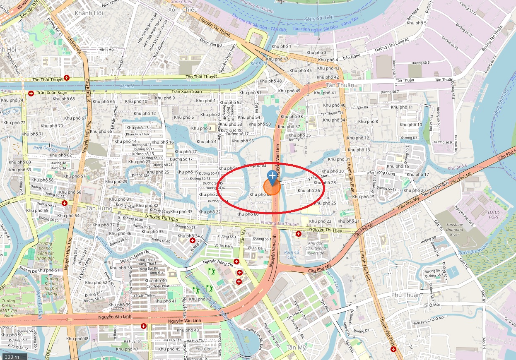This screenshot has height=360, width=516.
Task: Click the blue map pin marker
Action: pos(272,177)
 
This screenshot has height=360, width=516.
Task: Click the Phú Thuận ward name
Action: pos(406,295)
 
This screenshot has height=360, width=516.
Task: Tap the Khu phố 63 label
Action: pos(255,166)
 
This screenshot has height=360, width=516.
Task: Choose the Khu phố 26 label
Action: pos(309,191)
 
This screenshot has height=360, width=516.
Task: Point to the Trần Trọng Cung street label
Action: pos(381,173)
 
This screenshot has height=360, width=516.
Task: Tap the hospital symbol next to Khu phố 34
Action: pos(193,240)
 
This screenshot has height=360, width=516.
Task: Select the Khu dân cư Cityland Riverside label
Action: pos(316,248)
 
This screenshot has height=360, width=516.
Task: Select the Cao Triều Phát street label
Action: pos(157,286)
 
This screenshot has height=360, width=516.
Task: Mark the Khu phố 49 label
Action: pos(289,91)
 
